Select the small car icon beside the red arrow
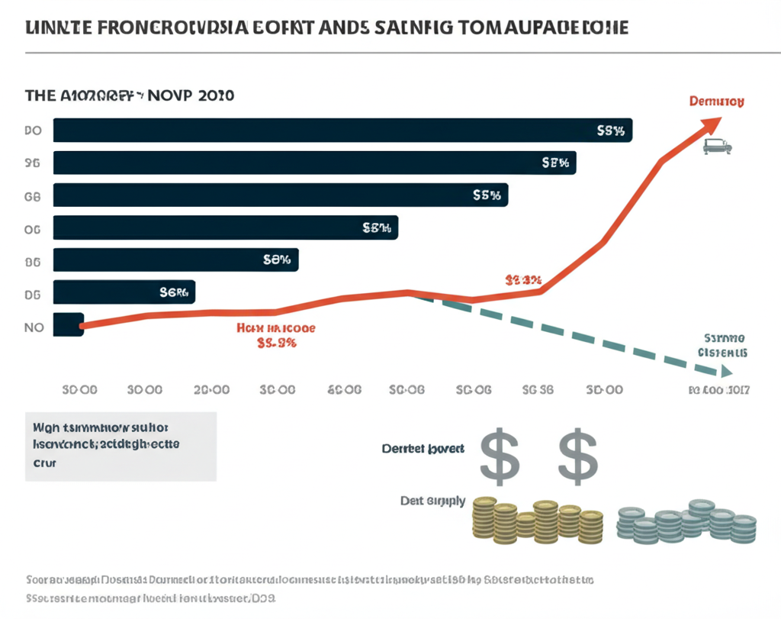point(716,146)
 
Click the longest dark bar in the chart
point(342,131)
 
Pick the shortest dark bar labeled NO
point(68,325)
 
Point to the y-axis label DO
point(32,131)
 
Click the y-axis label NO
point(34,327)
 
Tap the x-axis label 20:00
point(211,389)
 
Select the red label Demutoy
point(716,101)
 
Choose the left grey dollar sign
point(500,456)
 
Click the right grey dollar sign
point(577,456)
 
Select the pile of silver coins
point(686,521)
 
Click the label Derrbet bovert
point(423,449)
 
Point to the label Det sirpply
point(432,501)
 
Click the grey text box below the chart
point(121,447)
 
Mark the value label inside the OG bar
point(376,227)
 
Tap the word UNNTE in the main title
point(53,27)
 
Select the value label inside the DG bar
point(173,292)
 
